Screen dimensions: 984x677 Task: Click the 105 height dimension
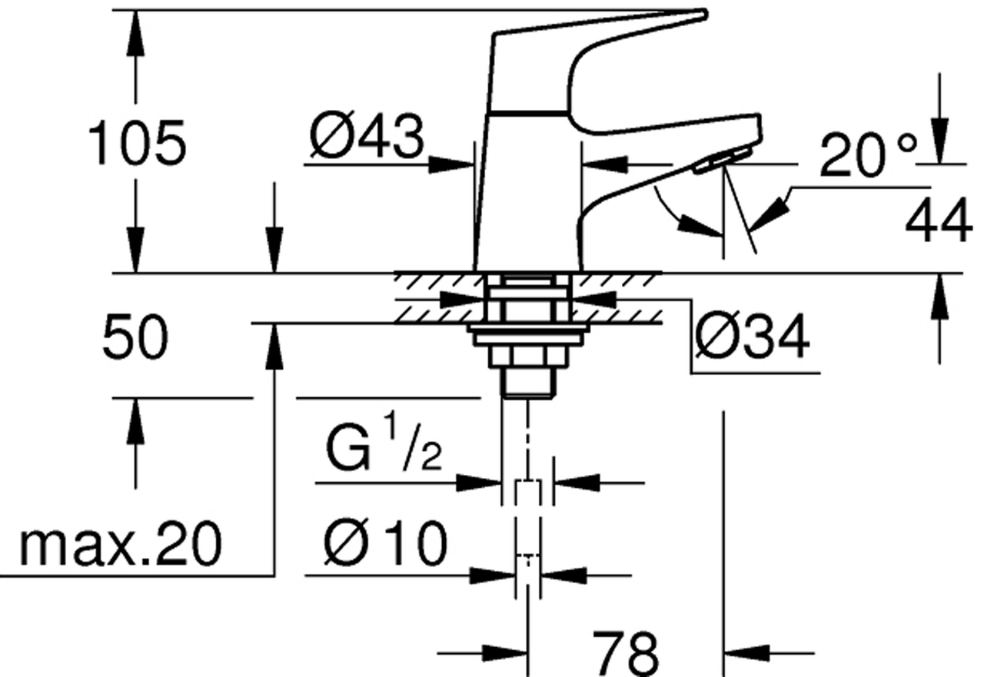[x=138, y=142]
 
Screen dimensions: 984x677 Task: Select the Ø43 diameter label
[x=367, y=136]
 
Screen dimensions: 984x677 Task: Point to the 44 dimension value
[x=937, y=220]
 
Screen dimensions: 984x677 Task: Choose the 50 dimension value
[x=135, y=337]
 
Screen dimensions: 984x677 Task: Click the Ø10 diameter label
[x=385, y=543]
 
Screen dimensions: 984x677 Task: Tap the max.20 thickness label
[x=121, y=543]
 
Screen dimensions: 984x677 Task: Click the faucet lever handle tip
[x=704, y=14]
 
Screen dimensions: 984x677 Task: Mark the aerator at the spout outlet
[x=723, y=161]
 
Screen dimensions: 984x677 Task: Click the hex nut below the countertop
[x=528, y=356]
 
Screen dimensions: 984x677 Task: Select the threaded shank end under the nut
[x=528, y=383]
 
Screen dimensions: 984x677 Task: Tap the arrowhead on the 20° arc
[x=700, y=225]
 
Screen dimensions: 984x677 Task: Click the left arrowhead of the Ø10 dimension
[x=493, y=576]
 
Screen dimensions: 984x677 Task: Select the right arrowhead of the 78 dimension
[x=746, y=654]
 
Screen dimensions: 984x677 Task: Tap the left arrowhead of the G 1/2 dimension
[x=479, y=483]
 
